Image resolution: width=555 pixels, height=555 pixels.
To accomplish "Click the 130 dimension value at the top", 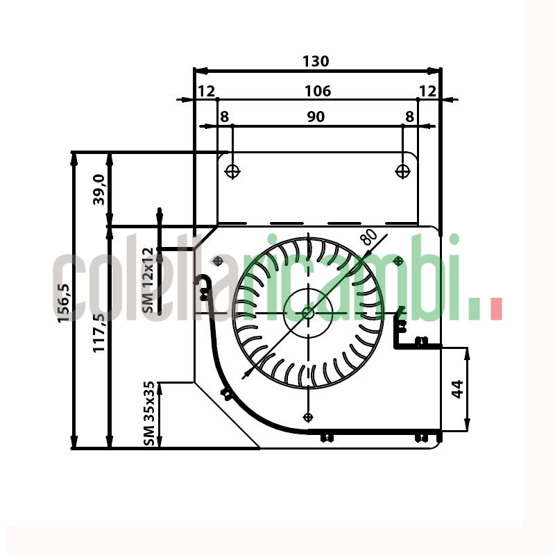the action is click(316, 61).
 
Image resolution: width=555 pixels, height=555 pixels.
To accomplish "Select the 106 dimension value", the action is click(318, 92).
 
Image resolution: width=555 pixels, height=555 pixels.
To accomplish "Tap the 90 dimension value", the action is click(316, 117).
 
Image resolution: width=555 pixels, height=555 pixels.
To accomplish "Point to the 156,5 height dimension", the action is click(64, 303).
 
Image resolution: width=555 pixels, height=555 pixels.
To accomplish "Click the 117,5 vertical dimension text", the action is click(99, 333).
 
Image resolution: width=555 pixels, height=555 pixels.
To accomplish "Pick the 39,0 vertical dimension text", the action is click(99, 189).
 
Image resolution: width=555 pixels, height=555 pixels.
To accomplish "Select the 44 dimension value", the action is click(458, 389).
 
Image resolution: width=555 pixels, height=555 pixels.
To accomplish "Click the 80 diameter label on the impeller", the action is click(369, 237).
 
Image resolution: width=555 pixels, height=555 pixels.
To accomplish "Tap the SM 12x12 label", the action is click(148, 280).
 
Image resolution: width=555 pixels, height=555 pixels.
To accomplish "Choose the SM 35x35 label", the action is click(149, 413).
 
